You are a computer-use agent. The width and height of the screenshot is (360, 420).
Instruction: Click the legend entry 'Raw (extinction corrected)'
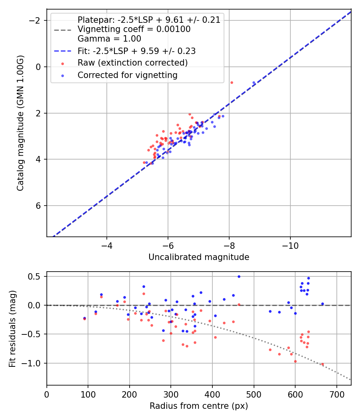[132, 63]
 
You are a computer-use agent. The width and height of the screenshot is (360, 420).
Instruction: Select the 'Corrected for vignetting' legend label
[127, 75]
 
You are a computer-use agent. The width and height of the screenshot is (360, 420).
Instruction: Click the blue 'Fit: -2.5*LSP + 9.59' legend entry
[136, 51]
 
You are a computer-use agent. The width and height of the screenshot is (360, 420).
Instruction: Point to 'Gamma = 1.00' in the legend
[109, 39]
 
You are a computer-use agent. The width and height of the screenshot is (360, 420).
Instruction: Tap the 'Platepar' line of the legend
[149, 20]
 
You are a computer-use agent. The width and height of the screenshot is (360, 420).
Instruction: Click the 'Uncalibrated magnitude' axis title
[199, 257]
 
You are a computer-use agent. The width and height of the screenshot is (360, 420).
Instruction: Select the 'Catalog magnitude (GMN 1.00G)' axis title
[20, 123]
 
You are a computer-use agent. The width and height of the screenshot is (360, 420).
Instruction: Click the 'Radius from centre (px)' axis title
[199, 406]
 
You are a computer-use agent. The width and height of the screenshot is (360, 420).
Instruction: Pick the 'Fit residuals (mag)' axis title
[12, 328]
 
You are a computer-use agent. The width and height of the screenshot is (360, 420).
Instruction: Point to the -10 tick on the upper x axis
[290, 245]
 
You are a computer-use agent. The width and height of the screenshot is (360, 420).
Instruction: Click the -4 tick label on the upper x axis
[107, 245]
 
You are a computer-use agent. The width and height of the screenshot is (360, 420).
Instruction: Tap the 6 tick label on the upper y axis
[38, 206]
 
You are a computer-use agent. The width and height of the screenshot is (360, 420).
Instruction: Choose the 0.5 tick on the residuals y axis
[36, 276]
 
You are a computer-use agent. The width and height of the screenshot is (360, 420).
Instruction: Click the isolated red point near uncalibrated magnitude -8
[232, 82]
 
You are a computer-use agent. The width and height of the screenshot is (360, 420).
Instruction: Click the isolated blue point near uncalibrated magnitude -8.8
[254, 83]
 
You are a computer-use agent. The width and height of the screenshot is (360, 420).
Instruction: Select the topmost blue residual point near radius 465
[239, 276]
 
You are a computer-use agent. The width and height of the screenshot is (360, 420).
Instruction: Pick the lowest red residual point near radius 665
[322, 364]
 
